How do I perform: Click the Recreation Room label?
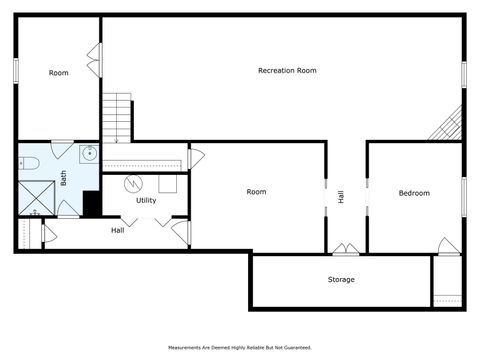click(287, 71)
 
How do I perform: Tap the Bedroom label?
click(414, 193)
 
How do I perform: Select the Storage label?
click(341, 280)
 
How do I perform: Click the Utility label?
click(146, 201)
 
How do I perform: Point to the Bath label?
click(63, 178)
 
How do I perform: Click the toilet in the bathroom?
click(29, 162)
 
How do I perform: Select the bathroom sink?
click(88, 154)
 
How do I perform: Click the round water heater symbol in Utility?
click(132, 184)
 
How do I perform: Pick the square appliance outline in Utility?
click(167, 184)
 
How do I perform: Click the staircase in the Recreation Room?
click(118, 117)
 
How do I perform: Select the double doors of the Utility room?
click(144, 221)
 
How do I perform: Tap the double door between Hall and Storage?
click(346, 248)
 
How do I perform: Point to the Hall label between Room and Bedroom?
click(341, 198)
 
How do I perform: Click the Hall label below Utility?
click(117, 231)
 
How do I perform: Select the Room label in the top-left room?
click(59, 73)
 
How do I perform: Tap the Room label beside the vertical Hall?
click(257, 192)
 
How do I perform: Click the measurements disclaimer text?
click(239, 348)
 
